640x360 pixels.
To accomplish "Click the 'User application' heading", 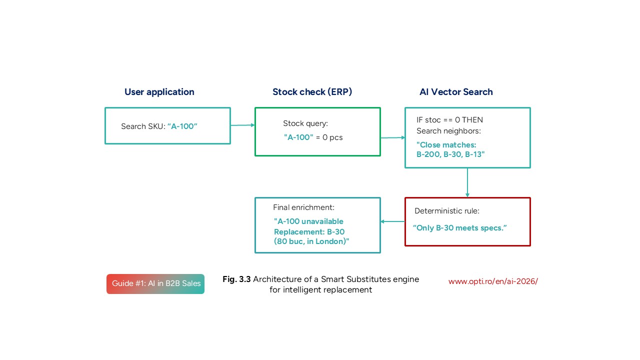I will tap(159, 92).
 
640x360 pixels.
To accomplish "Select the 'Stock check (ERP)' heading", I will tap(312, 92).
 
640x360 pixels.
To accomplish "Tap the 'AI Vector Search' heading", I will tap(456, 92).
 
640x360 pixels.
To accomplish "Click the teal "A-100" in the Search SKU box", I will tap(182, 126).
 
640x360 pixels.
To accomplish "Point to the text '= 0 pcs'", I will tap(329, 137).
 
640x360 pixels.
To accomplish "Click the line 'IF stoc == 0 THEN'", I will tap(449, 120).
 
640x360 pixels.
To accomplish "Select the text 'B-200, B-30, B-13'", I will tap(450, 154).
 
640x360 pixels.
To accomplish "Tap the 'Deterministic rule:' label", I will tap(446, 211).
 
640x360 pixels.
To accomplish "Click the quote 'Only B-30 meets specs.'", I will tap(460, 228).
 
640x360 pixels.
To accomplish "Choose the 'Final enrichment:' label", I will tap(303, 207).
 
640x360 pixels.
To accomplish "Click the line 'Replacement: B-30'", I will tap(309, 231).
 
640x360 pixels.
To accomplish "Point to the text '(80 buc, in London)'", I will tap(311, 241).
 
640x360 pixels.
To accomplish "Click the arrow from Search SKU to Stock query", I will tap(242, 125).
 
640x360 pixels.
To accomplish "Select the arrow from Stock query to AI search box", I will tap(392, 137).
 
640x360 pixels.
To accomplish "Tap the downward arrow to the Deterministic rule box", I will tap(467, 182).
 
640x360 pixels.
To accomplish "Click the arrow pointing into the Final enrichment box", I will tap(392, 221).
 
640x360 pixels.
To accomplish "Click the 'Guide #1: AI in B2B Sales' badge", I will tap(155, 283).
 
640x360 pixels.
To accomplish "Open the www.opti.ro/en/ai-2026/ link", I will tap(493, 281).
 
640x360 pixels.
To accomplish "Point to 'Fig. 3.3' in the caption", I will tap(236, 279).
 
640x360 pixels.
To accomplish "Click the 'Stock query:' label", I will tap(305, 123).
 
